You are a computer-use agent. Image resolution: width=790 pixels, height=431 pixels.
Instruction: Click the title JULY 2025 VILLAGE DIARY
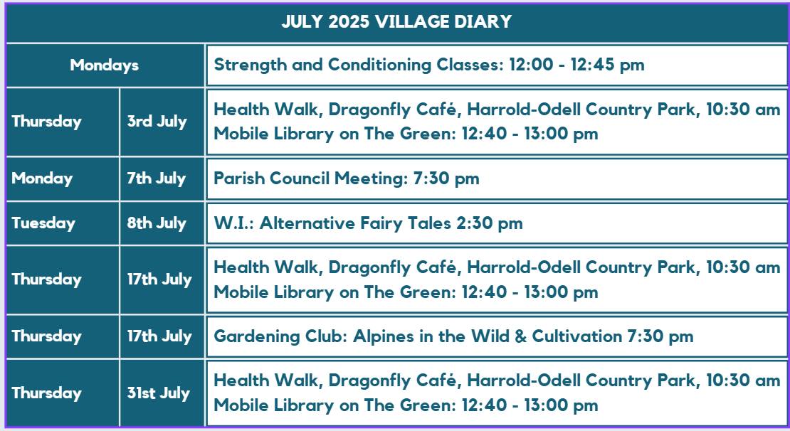point(396,21)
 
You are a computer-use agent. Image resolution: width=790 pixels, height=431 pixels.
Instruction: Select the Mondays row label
point(105,65)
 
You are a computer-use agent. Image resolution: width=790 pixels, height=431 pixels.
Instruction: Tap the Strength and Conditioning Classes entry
point(429,65)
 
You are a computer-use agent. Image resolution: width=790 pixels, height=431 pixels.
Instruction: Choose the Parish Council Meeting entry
point(347,179)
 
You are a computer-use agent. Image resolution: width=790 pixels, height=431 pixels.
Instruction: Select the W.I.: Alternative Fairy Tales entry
point(368,223)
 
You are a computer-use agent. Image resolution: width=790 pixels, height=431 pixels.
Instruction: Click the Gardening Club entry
point(453,336)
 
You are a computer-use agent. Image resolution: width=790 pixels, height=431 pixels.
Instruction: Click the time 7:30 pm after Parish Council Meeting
point(446,179)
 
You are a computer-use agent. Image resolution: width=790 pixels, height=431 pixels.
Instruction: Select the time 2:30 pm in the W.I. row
point(489,223)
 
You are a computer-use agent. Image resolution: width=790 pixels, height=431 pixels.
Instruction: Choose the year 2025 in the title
point(349,21)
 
